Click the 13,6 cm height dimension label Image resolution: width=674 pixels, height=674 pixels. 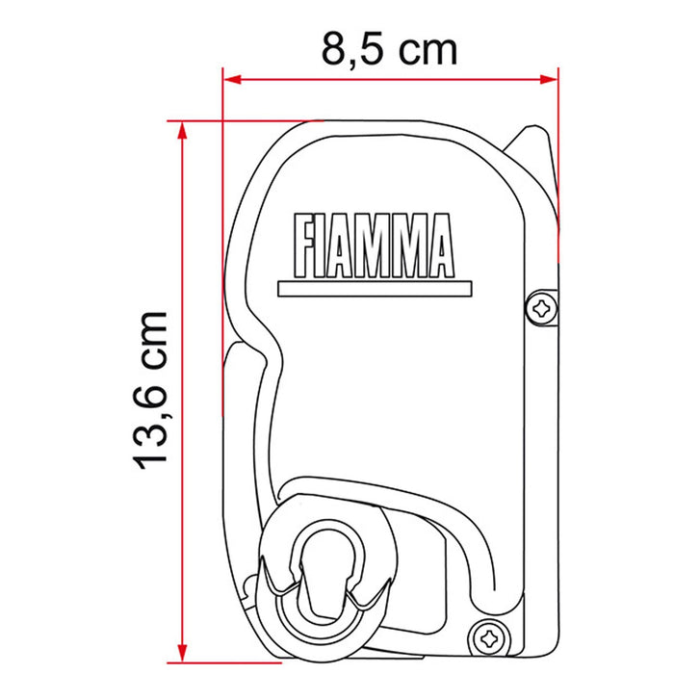click(150, 390)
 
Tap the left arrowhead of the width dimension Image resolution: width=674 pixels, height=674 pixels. click(233, 80)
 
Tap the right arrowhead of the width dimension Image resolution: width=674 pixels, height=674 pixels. click(549, 80)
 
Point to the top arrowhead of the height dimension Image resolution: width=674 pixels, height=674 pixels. click(183, 130)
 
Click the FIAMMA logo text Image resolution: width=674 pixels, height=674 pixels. click(374, 246)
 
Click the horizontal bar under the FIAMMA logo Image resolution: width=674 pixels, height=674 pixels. click(375, 289)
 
